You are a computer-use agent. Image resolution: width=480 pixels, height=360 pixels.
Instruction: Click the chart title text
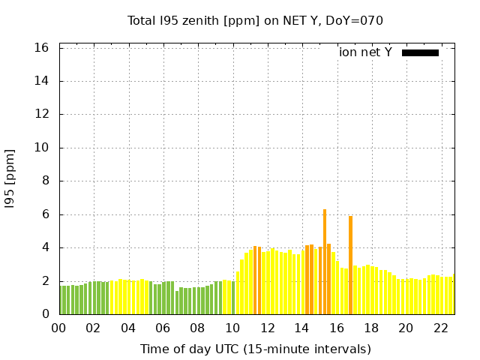pos(255,21)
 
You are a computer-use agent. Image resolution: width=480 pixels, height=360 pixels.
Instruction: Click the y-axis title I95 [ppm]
pos(10,180)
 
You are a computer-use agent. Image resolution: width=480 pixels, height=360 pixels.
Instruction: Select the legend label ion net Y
pos(365,52)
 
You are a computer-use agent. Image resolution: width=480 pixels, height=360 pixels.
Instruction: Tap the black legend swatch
pos(420,52)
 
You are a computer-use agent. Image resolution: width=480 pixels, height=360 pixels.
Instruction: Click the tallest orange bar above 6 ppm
pos(325,262)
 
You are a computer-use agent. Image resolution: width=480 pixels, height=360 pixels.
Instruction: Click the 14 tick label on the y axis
pos(42,81)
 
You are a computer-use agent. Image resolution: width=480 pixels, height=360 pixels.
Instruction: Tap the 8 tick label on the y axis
pos(46,181)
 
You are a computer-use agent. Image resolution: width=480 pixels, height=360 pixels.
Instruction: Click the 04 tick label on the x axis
pos(128,328)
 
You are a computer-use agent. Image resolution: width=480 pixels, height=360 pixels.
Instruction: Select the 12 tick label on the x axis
pos(267,328)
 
